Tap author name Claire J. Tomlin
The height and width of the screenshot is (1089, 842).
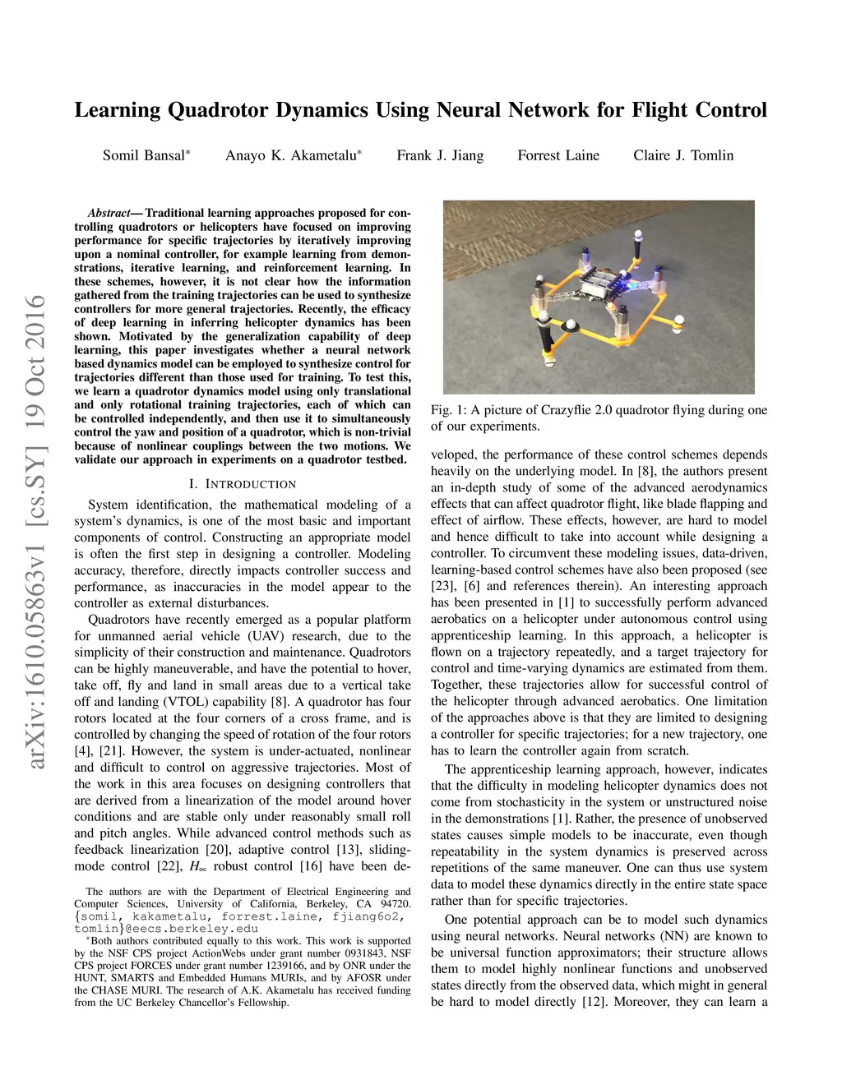[683, 155]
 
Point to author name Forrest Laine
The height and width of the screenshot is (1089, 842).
[558, 155]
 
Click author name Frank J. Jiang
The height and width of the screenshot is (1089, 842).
[440, 155]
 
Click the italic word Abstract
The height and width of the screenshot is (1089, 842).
[109, 213]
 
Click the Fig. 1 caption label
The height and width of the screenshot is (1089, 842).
[447, 410]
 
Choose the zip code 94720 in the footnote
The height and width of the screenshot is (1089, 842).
[395, 904]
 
